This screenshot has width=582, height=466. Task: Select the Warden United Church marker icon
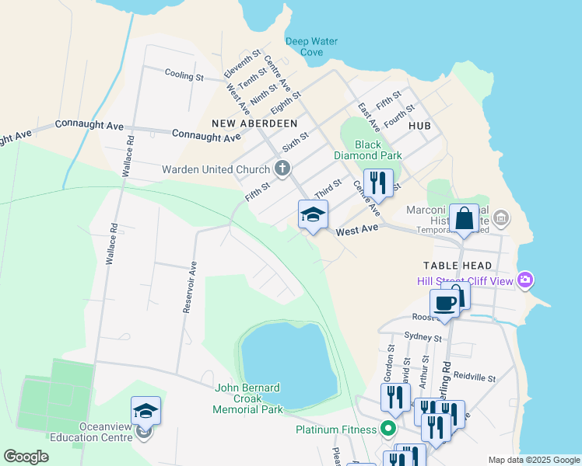[282, 169]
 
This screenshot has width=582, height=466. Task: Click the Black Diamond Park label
[379, 150]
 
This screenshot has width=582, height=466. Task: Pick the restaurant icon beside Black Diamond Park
[378, 183]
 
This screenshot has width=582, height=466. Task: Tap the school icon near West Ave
[313, 215]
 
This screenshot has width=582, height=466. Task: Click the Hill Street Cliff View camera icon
[526, 279]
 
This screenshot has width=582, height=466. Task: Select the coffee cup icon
[444, 304]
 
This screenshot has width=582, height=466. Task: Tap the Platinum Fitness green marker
[387, 429]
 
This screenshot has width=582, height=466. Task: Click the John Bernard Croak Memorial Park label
[247, 398]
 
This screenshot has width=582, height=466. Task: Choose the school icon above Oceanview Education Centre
[145, 410]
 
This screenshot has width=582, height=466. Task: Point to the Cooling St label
[184, 76]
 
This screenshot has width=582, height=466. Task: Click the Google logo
[26, 457]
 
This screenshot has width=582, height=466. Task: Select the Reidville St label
[475, 377]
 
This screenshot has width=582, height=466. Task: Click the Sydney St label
[422, 338]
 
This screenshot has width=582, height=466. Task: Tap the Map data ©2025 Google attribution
[534, 460]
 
